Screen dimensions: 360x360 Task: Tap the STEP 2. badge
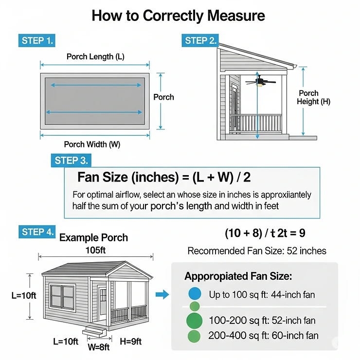[200, 40]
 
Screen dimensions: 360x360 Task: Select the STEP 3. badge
[71, 161]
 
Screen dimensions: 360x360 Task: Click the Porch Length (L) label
[95, 57]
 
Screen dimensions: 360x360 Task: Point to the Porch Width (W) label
[92, 144]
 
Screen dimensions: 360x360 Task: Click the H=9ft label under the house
[131, 342]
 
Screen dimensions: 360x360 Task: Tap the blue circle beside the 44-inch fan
[194, 294]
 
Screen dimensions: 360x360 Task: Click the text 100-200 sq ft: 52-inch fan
[262, 321]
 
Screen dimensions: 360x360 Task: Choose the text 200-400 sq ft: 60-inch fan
[263, 336]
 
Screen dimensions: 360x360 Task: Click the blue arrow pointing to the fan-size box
[162, 294]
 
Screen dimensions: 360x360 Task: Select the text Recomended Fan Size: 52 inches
[257, 252]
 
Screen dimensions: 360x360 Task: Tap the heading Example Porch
[93, 238]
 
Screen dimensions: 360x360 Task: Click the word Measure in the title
[236, 16]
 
